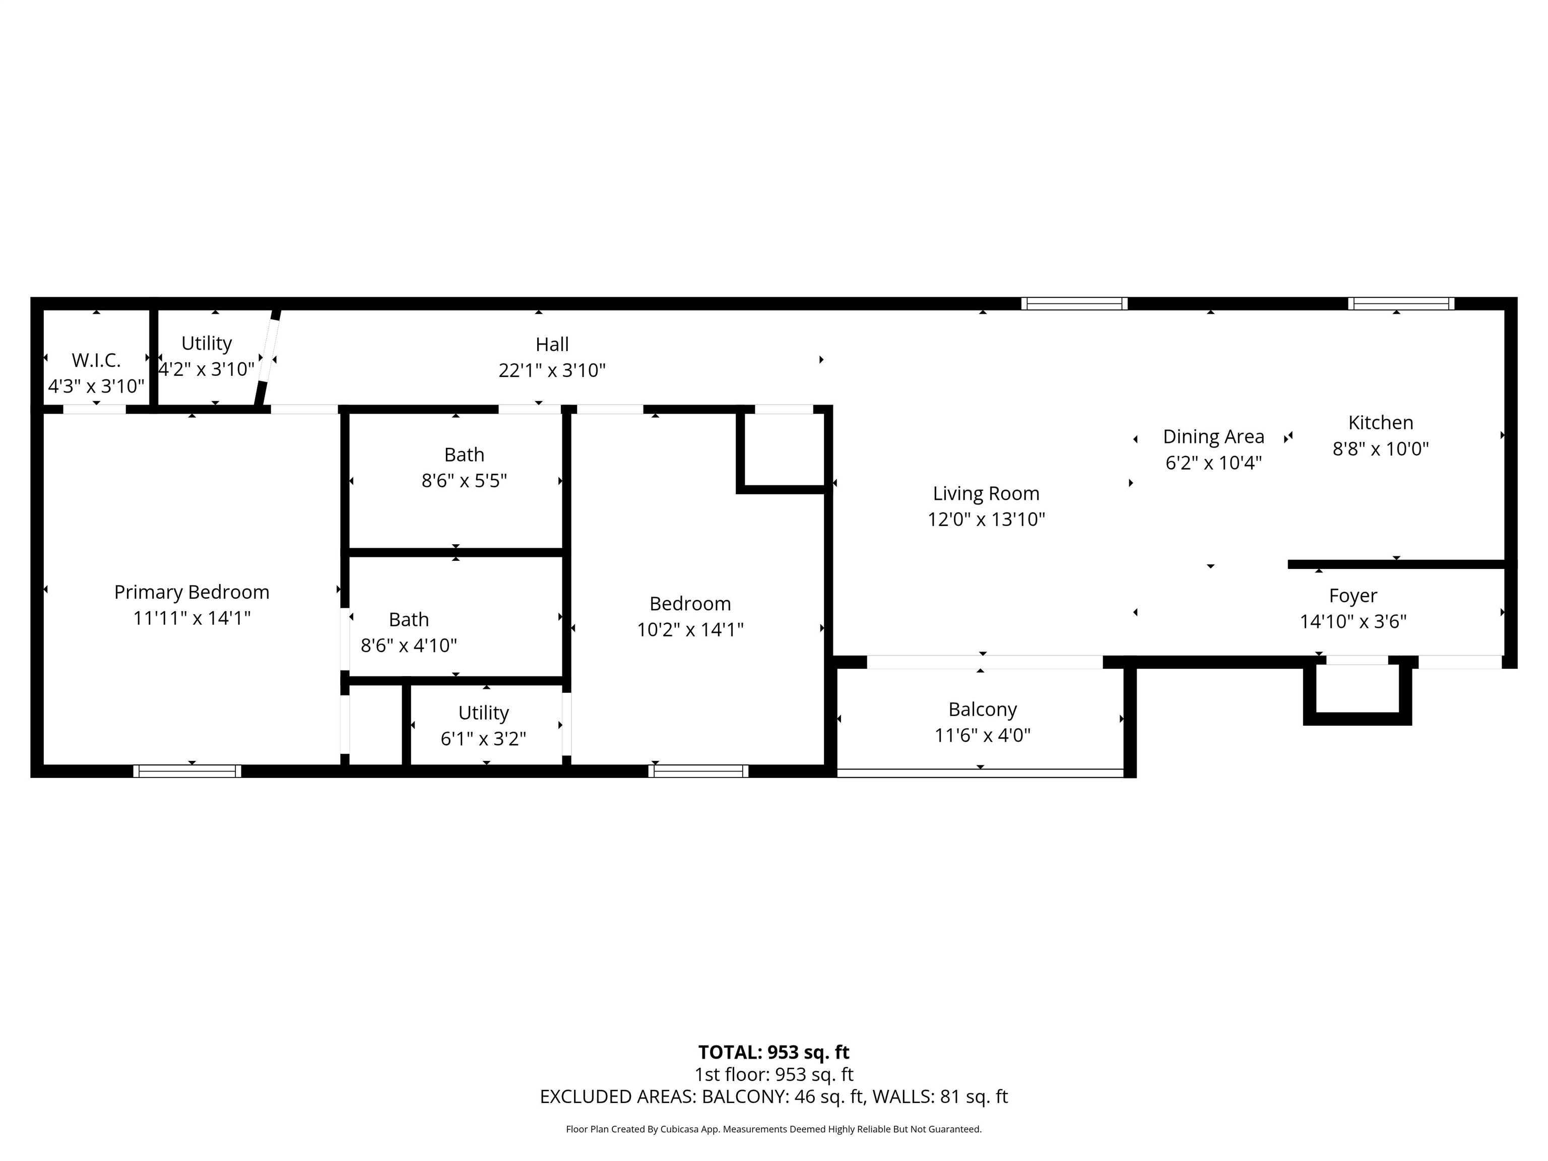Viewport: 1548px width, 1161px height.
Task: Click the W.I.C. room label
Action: [x=97, y=360]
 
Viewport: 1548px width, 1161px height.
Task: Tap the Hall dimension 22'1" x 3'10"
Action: [x=552, y=370]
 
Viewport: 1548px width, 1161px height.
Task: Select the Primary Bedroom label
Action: [x=192, y=592]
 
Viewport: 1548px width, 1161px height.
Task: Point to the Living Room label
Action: [x=986, y=493]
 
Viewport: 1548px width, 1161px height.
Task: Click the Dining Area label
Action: [x=1213, y=437]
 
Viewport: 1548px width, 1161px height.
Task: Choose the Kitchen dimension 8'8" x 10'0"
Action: [x=1381, y=448]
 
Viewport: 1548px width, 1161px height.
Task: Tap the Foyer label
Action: [x=1353, y=596]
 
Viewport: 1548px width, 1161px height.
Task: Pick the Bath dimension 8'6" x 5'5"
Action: [x=464, y=481]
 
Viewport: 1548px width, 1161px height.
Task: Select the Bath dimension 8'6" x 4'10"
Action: [x=409, y=645]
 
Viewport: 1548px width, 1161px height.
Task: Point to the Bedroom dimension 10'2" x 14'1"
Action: [x=690, y=630]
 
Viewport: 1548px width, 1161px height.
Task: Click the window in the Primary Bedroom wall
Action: [x=187, y=771]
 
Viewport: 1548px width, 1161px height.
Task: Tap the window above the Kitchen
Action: [x=1402, y=304]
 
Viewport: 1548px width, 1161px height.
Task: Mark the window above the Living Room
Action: [x=1074, y=304]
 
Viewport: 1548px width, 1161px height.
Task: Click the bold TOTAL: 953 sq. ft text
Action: [x=774, y=1053]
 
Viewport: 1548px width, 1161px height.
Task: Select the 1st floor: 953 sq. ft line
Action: [x=774, y=1075]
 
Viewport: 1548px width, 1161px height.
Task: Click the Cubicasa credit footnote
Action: [x=774, y=1129]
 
